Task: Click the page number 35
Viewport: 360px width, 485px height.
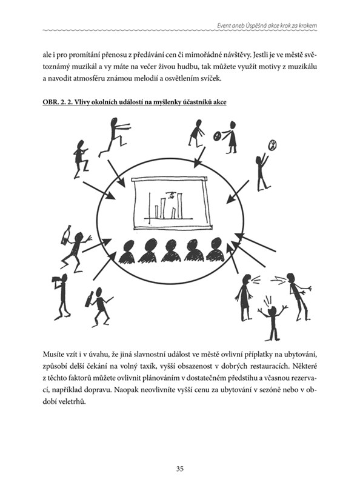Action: [x=179, y=469]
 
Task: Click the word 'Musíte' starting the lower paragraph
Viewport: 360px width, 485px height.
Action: [x=52, y=354]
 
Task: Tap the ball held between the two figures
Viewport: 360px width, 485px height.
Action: [x=217, y=135]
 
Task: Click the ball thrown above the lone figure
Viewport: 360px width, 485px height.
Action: [x=273, y=144]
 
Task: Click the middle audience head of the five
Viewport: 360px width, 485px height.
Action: [x=170, y=250]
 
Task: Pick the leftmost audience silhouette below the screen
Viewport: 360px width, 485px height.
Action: [x=127, y=252]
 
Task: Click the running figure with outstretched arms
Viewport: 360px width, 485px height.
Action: [x=114, y=136]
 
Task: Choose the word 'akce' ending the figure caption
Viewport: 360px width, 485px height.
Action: [x=219, y=102]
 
